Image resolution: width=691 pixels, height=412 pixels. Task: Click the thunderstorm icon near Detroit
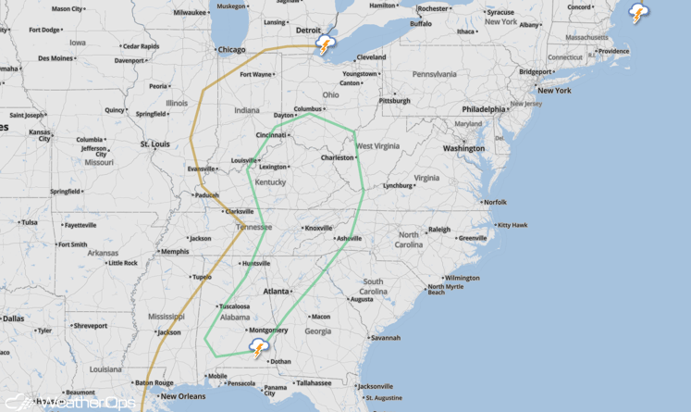click(x=325, y=44)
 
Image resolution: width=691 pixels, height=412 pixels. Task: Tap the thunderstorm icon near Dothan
click(x=259, y=349)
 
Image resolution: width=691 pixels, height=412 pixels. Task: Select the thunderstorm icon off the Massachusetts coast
click(x=638, y=13)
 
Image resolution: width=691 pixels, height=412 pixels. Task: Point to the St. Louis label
click(x=155, y=144)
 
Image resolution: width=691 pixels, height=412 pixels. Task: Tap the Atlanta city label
click(x=277, y=292)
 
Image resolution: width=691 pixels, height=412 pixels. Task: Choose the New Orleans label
click(x=181, y=396)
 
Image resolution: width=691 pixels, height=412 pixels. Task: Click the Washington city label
click(x=463, y=148)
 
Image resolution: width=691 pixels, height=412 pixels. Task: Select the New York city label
click(x=554, y=90)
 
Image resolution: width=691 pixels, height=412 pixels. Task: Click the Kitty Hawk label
click(x=513, y=225)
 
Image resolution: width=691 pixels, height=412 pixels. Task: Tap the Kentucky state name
click(x=271, y=182)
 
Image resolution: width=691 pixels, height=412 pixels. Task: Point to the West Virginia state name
click(x=377, y=145)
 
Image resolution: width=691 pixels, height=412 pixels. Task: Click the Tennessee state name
click(x=253, y=227)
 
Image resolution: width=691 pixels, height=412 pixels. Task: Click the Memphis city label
click(x=175, y=251)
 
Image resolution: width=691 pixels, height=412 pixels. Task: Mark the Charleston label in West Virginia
click(x=337, y=157)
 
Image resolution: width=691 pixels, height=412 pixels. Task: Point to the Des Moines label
click(x=56, y=58)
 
